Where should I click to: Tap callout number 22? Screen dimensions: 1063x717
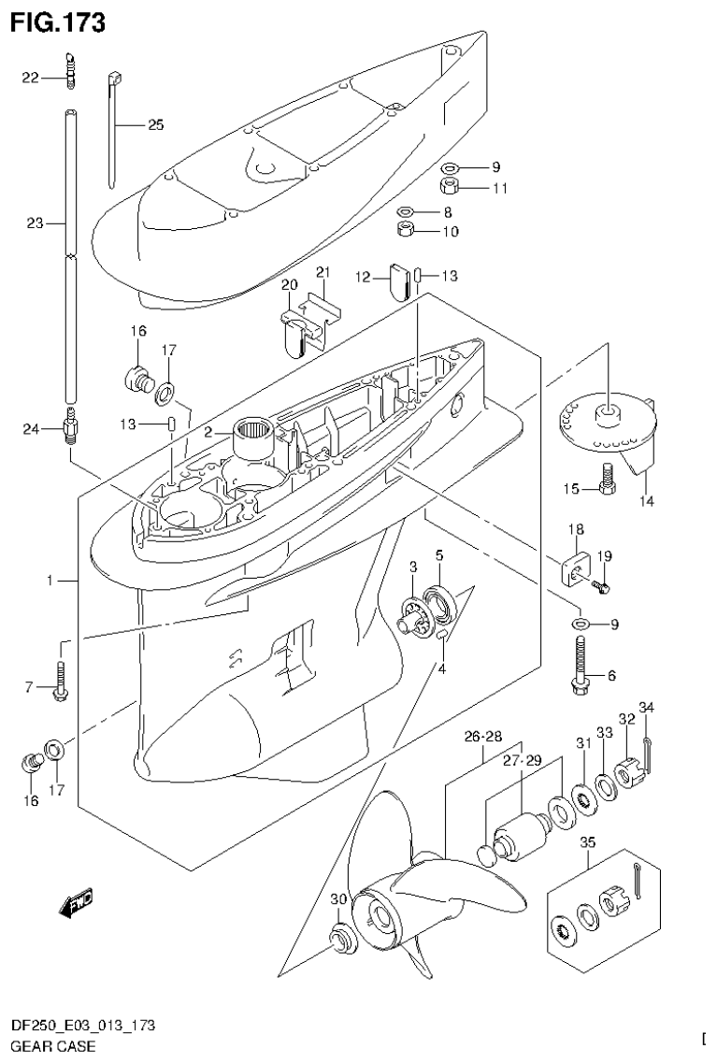[x=31, y=78]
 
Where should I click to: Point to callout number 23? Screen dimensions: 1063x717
[x=35, y=223]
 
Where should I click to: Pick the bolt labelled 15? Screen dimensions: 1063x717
[x=607, y=481]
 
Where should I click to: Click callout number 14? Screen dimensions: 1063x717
[x=646, y=501]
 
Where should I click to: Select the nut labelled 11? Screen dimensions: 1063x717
[x=476, y=186]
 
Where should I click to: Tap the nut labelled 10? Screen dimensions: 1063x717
[x=406, y=230]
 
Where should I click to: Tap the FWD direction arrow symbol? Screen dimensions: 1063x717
[x=76, y=902]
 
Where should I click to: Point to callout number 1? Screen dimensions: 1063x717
[x=52, y=581]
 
